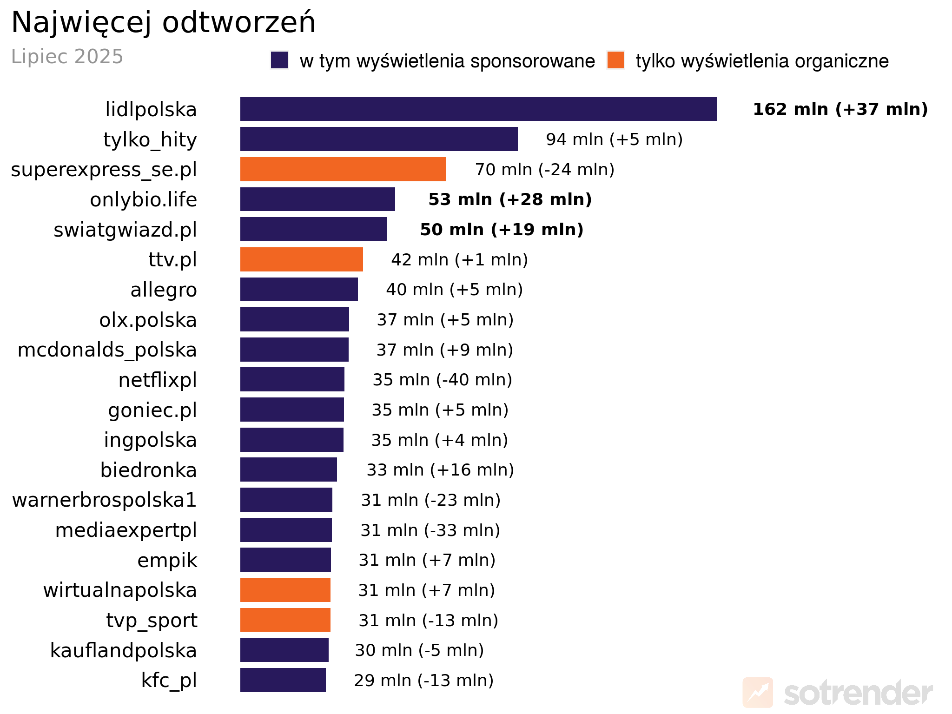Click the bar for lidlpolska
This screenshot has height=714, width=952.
(478, 109)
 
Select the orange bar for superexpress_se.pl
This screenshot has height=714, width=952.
(343, 169)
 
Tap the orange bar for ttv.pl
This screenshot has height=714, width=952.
(301, 259)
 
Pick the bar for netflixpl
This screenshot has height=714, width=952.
(292, 379)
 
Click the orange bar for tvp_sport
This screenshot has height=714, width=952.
(285, 620)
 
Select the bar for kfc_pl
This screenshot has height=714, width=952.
(283, 680)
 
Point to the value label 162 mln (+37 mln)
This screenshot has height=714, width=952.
(840, 109)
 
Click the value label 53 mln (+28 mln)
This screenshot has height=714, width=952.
(510, 199)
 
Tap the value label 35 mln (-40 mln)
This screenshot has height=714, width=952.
(442, 380)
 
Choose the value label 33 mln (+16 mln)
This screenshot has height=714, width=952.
(440, 470)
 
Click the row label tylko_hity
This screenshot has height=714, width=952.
(150, 139)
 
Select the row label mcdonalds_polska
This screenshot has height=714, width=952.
(107, 350)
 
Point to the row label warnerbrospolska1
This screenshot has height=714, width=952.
(105, 500)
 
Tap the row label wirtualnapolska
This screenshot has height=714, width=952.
(120, 590)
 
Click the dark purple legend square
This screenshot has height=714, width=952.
(279, 60)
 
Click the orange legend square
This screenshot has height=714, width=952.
(615, 60)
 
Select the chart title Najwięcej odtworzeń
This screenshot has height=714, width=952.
(163, 22)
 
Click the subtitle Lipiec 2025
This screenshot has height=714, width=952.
(67, 57)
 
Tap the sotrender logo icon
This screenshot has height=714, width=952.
(758, 692)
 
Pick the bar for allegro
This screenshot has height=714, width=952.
(299, 290)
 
